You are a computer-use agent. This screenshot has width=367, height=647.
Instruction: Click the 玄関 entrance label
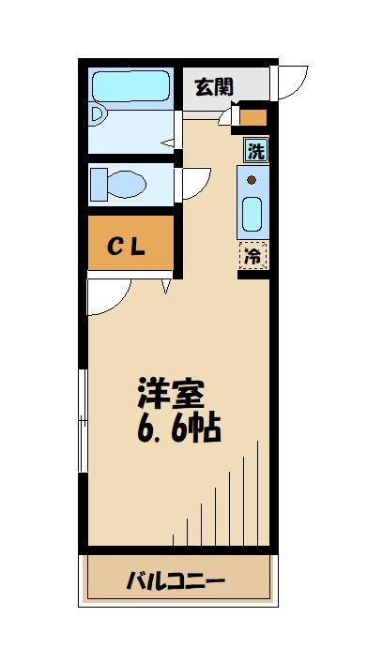(214, 87)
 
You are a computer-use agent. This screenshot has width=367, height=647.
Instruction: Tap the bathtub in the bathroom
(131, 87)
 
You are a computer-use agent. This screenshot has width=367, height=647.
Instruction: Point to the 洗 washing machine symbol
(254, 149)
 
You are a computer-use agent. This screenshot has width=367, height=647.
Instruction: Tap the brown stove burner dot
(252, 179)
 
